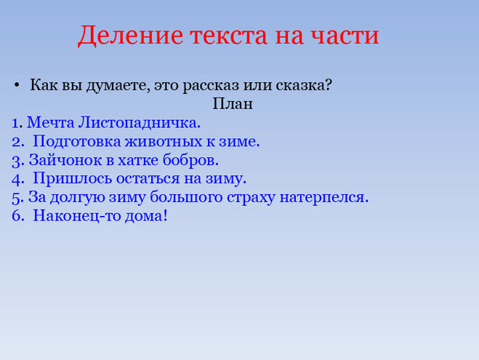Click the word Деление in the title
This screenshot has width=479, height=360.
[130, 36]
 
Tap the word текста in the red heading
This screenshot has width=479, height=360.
[229, 36]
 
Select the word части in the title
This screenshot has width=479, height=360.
[345, 36]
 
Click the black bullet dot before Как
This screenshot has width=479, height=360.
[17, 84]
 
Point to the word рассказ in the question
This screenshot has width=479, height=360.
[211, 85]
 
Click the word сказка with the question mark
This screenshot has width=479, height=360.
[304, 84]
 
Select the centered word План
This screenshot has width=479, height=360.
[233, 103]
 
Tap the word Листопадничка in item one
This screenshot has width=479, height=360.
[140, 123]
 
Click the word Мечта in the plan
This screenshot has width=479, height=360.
[51, 123]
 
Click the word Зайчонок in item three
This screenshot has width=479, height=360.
[65, 160]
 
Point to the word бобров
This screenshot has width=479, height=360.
[190, 160]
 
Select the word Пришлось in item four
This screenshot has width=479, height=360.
[73, 178]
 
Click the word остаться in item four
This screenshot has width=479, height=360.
[148, 178]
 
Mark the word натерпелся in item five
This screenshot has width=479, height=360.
[324, 198]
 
